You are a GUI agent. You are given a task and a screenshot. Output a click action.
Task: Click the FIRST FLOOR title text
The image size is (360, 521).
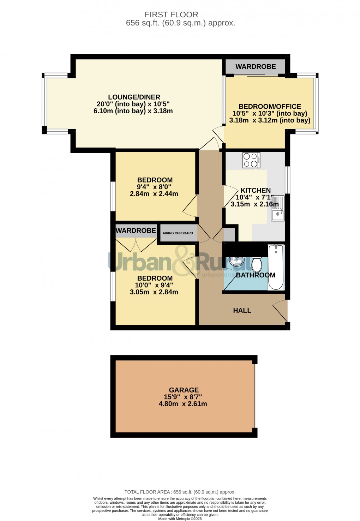[171, 15]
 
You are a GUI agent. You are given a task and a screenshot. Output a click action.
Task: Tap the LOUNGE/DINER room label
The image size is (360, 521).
[134, 97]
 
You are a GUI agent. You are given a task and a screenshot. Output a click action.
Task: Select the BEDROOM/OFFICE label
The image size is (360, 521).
[270, 107]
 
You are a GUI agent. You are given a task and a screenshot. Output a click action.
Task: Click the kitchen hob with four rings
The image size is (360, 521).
[251, 160]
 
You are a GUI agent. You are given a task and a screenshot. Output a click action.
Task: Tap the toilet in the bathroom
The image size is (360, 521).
[257, 265]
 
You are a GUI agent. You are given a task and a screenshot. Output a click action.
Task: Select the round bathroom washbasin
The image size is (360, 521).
[236, 261]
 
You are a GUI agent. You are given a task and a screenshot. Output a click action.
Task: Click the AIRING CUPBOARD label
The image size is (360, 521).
[178, 233]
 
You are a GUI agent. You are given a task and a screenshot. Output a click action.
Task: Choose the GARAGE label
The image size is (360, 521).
[184, 390]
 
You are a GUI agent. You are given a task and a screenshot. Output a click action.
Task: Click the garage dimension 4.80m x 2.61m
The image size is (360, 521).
[183, 404]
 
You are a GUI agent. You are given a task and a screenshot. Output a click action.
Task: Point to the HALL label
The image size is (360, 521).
[242, 311]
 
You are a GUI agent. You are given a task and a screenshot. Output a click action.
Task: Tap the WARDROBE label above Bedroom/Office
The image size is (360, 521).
[256, 67]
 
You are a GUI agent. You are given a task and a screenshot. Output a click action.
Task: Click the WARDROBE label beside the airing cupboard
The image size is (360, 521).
[136, 230]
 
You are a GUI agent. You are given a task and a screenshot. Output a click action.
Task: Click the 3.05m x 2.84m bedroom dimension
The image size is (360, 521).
[154, 292]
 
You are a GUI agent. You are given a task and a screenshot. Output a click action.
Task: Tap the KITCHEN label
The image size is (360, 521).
[256, 190]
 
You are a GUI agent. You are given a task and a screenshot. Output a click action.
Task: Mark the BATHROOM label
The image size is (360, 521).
[256, 275]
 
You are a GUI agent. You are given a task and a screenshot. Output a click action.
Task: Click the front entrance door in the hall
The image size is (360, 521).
[280, 311]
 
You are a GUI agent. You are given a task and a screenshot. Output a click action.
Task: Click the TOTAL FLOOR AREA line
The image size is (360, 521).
[180, 492]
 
